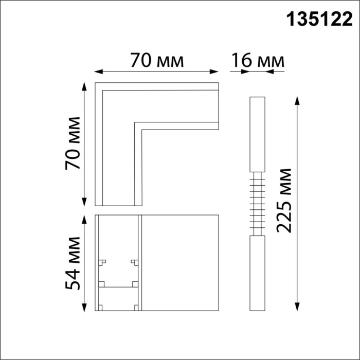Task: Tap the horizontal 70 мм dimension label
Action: point(156,61)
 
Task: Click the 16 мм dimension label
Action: point(257,61)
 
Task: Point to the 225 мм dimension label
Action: point(284,201)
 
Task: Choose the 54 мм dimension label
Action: point(72,263)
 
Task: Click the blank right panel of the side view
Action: point(179,263)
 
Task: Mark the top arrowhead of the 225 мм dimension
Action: point(297,99)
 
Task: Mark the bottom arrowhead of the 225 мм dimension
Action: point(297,309)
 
